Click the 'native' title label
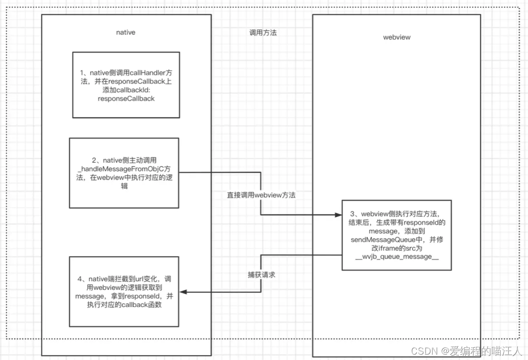(x=126, y=32)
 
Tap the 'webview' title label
(x=397, y=37)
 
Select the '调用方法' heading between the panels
(x=263, y=33)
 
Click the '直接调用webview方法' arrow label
(x=261, y=195)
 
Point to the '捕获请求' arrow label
(x=261, y=275)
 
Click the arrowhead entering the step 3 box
(x=338, y=215)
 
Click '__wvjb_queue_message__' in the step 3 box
(x=397, y=257)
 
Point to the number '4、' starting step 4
(x=81, y=279)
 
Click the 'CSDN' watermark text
(x=424, y=351)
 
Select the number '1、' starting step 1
(x=84, y=73)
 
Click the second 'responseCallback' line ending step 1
(x=126, y=99)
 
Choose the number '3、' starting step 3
(x=355, y=214)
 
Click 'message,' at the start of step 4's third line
(x=90, y=296)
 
